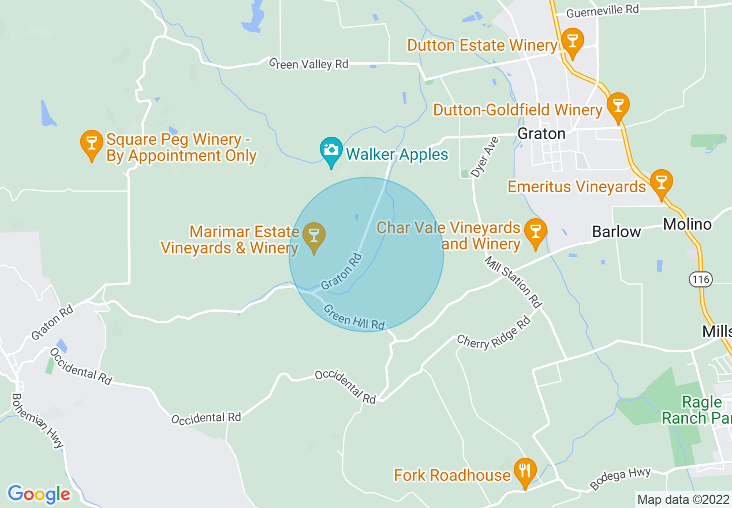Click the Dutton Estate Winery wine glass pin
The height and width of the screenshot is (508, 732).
point(572,42)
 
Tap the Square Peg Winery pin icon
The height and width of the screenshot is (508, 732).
point(91,144)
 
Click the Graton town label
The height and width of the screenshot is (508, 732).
point(541,134)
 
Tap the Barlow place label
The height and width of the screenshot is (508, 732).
point(617,232)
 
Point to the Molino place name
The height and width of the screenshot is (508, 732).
point(687,224)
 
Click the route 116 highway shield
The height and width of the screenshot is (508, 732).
point(700,279)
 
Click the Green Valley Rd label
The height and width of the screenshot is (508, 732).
point(309,63)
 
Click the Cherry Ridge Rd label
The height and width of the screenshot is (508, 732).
point(494,334)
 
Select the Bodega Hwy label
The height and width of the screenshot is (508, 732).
point(621,479)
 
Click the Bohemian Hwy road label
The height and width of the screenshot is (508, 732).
point(38,421)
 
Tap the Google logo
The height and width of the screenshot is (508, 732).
point(39,494)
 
